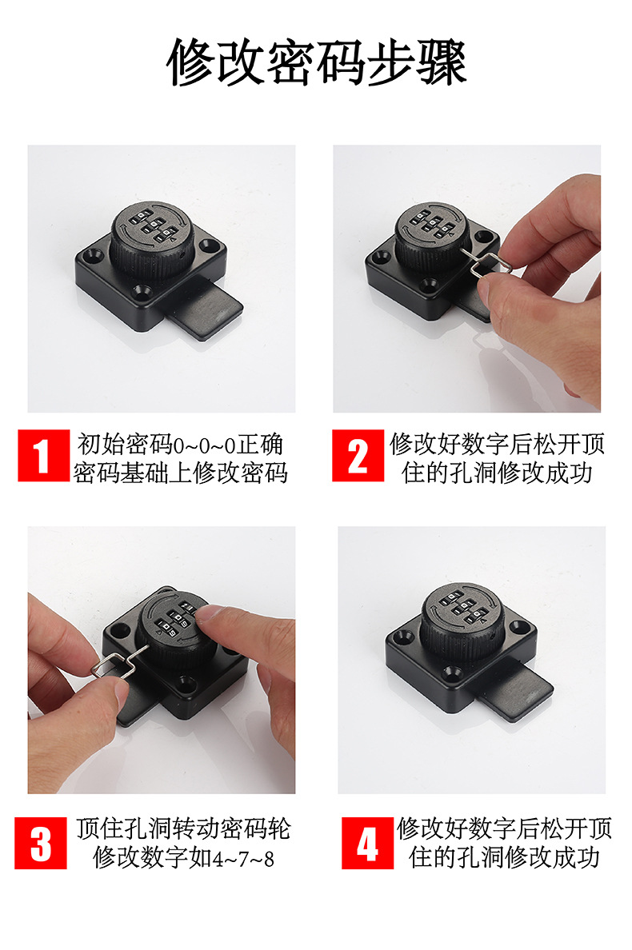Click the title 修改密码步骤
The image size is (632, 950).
(316, 62)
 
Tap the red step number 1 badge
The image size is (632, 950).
(43, 456)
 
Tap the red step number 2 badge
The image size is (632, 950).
(358, 456)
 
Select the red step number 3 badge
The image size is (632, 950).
(41, 843)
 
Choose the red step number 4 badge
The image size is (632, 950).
(367, 843)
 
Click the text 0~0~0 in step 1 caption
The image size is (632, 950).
(204, 445)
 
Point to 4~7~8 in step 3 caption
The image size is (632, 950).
(243, 859)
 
